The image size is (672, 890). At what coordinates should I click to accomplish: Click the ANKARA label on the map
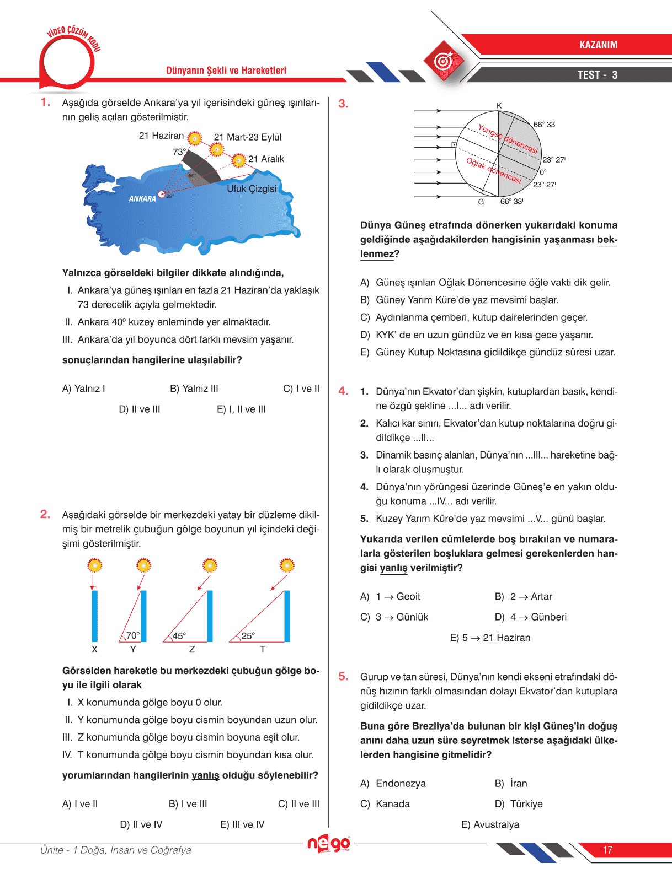142,199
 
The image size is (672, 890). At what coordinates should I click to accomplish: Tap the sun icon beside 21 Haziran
194,138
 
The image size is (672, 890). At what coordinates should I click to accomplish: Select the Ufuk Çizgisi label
252,188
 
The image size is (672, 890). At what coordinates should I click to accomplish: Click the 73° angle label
179,152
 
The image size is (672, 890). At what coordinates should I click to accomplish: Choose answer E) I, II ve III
241,409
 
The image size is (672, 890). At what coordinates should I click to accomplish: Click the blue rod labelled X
94,615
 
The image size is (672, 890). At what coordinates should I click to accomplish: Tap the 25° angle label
248,636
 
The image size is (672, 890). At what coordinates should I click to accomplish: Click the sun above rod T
287,565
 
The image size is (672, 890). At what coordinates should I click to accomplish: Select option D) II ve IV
141,824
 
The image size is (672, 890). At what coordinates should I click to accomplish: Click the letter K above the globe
499,106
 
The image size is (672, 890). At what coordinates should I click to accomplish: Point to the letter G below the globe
481,202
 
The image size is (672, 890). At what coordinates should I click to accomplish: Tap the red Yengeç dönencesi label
508,139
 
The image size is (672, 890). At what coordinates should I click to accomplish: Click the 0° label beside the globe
543,172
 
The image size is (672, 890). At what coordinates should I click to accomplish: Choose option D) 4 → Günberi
531,617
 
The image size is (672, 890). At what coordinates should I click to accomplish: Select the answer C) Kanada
385,804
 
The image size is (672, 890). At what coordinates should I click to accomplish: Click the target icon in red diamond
443,61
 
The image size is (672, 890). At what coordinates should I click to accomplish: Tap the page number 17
607,850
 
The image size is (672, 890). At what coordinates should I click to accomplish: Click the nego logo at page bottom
328,844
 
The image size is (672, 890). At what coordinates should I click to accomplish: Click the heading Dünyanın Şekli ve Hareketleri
226,71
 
